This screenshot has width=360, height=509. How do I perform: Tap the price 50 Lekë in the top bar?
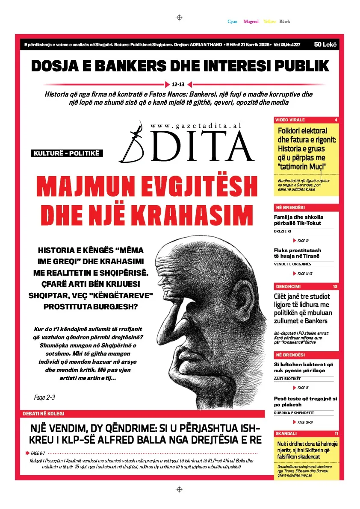coord(325,44)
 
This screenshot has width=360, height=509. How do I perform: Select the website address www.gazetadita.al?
coord(196,126)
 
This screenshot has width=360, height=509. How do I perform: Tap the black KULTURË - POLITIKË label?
coord(67,153)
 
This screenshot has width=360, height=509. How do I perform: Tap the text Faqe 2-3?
coord(44,397)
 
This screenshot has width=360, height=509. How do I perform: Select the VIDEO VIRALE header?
coord(290,120)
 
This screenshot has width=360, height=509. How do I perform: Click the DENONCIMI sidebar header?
coord(288,286)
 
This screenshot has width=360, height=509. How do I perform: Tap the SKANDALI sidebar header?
coord(286,433)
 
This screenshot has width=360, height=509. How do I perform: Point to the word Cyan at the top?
coord(232,21)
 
